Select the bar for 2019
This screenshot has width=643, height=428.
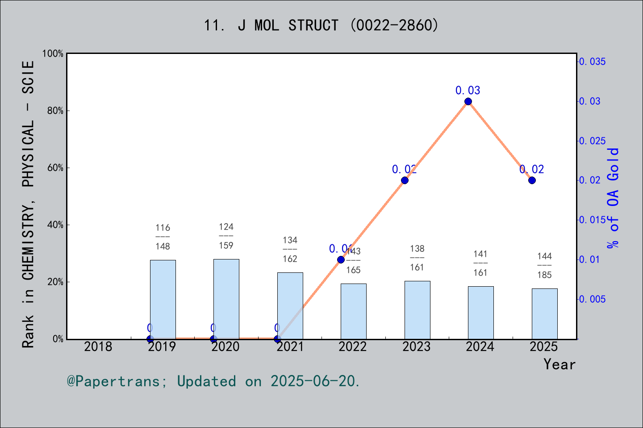(163, 299)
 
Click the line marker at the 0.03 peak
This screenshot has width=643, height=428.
(468, 101)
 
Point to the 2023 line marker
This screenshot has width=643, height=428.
(405, 180)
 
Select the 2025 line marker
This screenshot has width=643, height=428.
(532, 180)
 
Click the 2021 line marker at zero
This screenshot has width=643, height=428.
(277, 339)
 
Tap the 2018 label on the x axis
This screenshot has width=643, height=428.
(98, 346)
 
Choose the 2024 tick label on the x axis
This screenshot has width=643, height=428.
(480, 346)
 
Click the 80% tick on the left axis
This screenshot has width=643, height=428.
(55, 111)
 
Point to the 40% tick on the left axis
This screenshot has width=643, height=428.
(55, 225)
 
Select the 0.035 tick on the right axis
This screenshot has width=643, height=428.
(593, 62)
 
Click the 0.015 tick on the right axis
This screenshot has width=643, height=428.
(593, 220)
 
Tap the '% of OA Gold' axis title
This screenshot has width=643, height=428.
(613, 198)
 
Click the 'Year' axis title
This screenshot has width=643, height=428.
(559, 365)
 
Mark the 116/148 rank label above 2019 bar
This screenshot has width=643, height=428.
(163, 237)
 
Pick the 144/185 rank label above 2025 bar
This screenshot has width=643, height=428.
(544, 265)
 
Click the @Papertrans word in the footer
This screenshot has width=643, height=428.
(113, 382)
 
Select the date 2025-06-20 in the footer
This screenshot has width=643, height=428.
(314, 382)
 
